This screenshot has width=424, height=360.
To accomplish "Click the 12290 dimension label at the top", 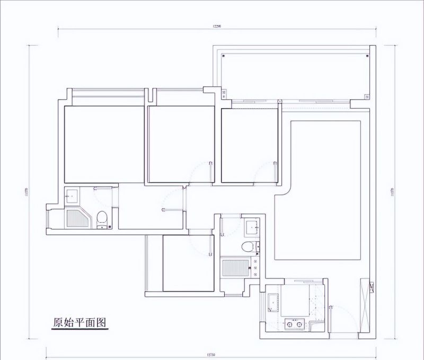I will pyautogui.click(x=216, y=25).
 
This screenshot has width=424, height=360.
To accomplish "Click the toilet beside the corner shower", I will pyautogui.click(x=102, y=217).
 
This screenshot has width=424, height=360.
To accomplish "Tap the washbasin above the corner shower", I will pyautogui.click(x=71, y=195).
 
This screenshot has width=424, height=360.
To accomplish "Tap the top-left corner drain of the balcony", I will pyautogui.click(x=224, y=55).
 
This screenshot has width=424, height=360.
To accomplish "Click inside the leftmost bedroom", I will pyautogui.click(x=104, y=144).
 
